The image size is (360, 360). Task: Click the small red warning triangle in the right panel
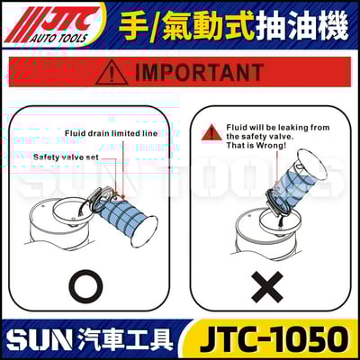(x=208, y=132)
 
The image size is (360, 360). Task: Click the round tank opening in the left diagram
(x=63, y=220)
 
